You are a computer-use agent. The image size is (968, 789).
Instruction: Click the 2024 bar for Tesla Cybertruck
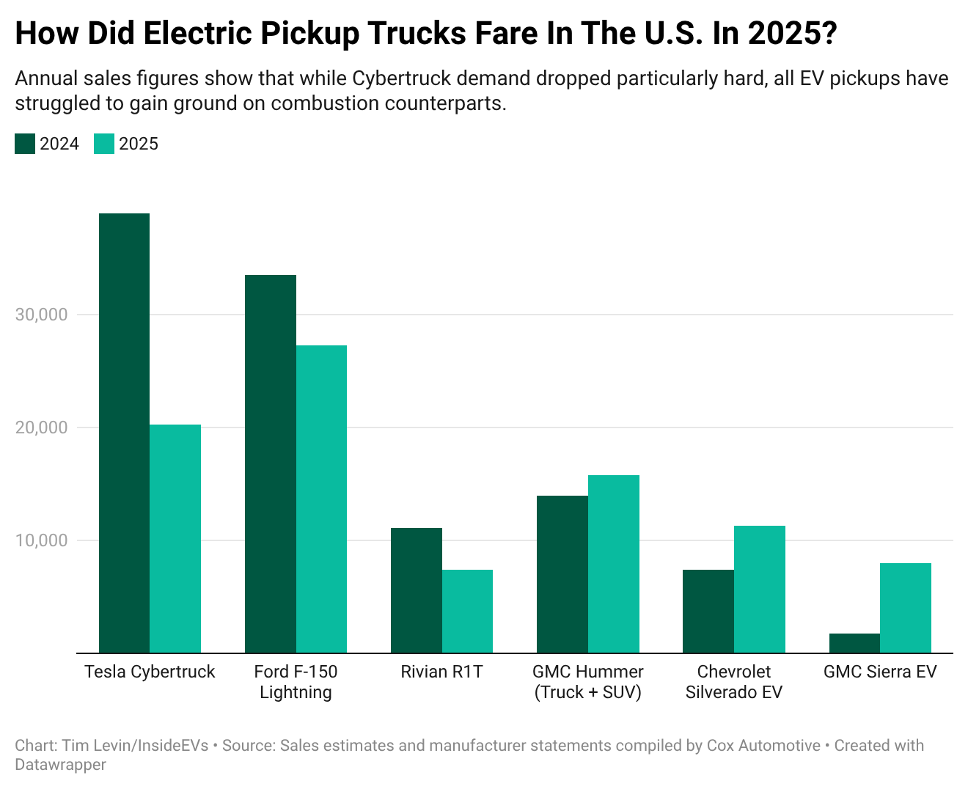124,433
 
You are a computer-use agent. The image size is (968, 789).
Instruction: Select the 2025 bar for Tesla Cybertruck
175,539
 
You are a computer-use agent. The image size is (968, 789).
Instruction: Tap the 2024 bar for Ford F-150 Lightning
270,463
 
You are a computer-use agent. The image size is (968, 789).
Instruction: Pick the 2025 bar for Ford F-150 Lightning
321,499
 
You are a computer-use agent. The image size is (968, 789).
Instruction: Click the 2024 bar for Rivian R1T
416,590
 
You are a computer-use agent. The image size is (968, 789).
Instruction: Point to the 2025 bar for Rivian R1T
467,611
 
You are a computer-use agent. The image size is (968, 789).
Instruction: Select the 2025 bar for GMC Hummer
614,564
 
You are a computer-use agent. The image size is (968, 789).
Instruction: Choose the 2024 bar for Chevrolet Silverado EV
708,611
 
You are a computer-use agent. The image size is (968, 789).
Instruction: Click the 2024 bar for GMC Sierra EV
854,643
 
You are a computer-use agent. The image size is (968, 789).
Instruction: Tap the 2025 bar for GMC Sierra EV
906,608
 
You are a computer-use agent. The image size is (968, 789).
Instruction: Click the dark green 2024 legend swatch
25,144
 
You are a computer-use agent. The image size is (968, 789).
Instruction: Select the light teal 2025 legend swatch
104,144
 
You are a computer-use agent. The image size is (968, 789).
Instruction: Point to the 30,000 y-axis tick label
41,315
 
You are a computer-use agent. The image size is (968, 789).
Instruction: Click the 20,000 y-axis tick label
41,427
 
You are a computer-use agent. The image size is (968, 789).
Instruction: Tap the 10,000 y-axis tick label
41,540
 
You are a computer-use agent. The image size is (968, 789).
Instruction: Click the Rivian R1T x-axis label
441,672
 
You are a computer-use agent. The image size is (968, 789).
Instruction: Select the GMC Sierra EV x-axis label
880,672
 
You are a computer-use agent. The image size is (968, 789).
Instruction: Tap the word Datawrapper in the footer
60,765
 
